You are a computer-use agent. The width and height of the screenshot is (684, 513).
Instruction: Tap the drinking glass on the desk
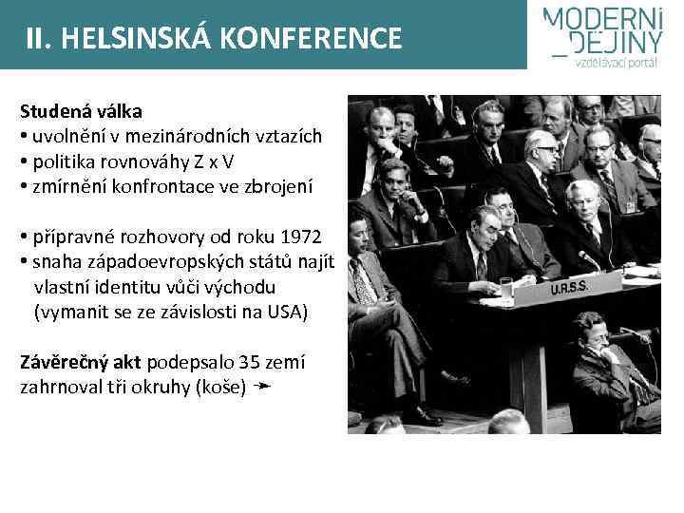[x=506, y=287]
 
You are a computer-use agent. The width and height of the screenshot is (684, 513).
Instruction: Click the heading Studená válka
[x=81, y=111]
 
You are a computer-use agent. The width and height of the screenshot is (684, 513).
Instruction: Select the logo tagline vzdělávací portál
[x=616, y=64]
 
